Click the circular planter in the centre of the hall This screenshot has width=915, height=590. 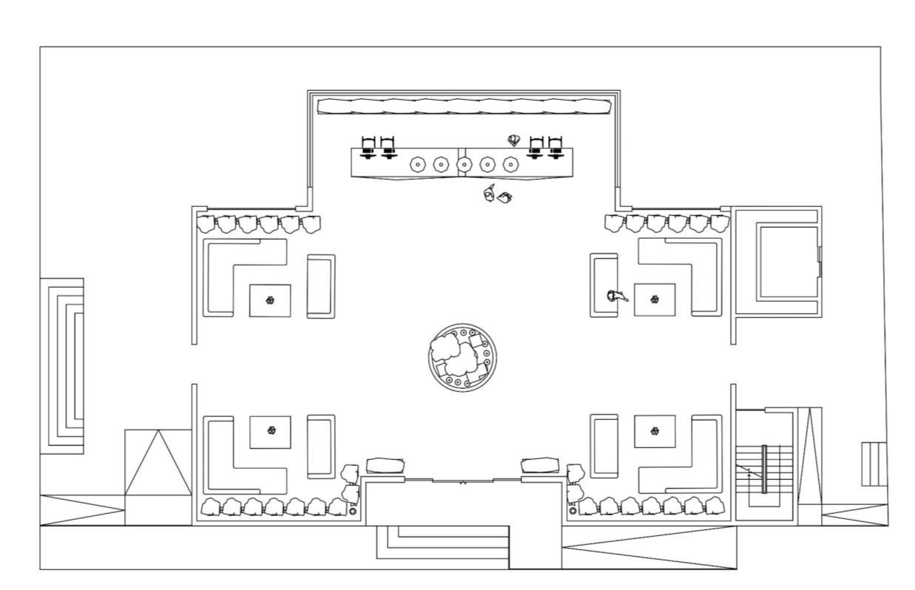[x=462, y=358]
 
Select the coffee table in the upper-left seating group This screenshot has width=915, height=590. [x=269, y=300]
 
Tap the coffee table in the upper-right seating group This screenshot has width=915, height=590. [x=654, y=299]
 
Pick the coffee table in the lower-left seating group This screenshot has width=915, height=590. [x=269, y=431]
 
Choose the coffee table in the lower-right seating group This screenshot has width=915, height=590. [x=654, y=431]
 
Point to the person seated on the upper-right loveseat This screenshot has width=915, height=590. [x=615, y=296]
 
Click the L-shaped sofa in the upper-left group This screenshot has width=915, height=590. [x=222, y=274]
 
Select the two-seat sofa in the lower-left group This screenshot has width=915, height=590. [x=320, y=445]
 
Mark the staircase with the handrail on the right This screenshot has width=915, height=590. [x=764, y=469]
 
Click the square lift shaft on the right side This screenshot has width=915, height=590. [x=786, y=262]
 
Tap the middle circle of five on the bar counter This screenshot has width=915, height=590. [x=464, y=164]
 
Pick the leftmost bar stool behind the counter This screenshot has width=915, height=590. [x=368, y=147]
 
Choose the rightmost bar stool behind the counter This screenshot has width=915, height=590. [x=556, y=147]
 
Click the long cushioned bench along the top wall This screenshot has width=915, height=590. [x=464, y=106]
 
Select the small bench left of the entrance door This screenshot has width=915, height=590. [x=385, y=465]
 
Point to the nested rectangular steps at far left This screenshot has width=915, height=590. [x=62, y=366]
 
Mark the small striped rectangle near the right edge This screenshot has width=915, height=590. [x=874, y=464]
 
